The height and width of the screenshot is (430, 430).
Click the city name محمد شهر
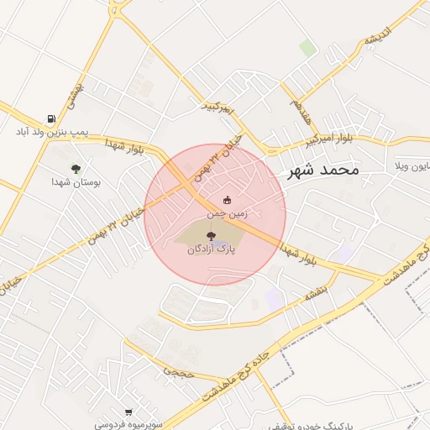(x=322, y=170)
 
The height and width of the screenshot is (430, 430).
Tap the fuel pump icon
(x=53, y=118)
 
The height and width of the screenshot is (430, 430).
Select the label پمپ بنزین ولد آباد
(x=53, y=132)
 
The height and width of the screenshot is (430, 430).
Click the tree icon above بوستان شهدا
(x=76, y=169)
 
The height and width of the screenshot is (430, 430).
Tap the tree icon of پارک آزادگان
(x=210, y=235)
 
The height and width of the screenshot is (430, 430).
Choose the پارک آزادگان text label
(x=209, y=249)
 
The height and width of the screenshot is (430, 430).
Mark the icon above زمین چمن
(x=227, y=200)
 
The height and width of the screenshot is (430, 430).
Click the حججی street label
(x=178, y=370)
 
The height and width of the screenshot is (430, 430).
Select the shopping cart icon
(x=128, y=412)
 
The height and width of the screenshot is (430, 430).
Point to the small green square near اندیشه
(x=309, y=49)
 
